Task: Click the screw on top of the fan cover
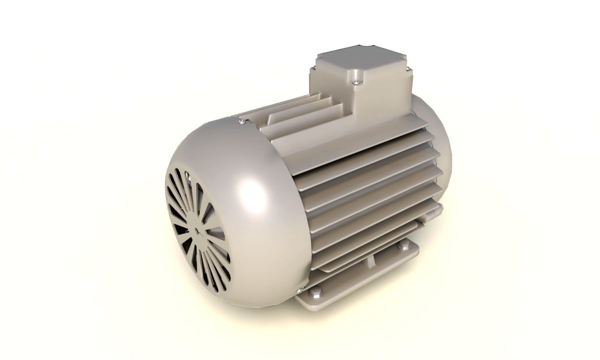[242, 120]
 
